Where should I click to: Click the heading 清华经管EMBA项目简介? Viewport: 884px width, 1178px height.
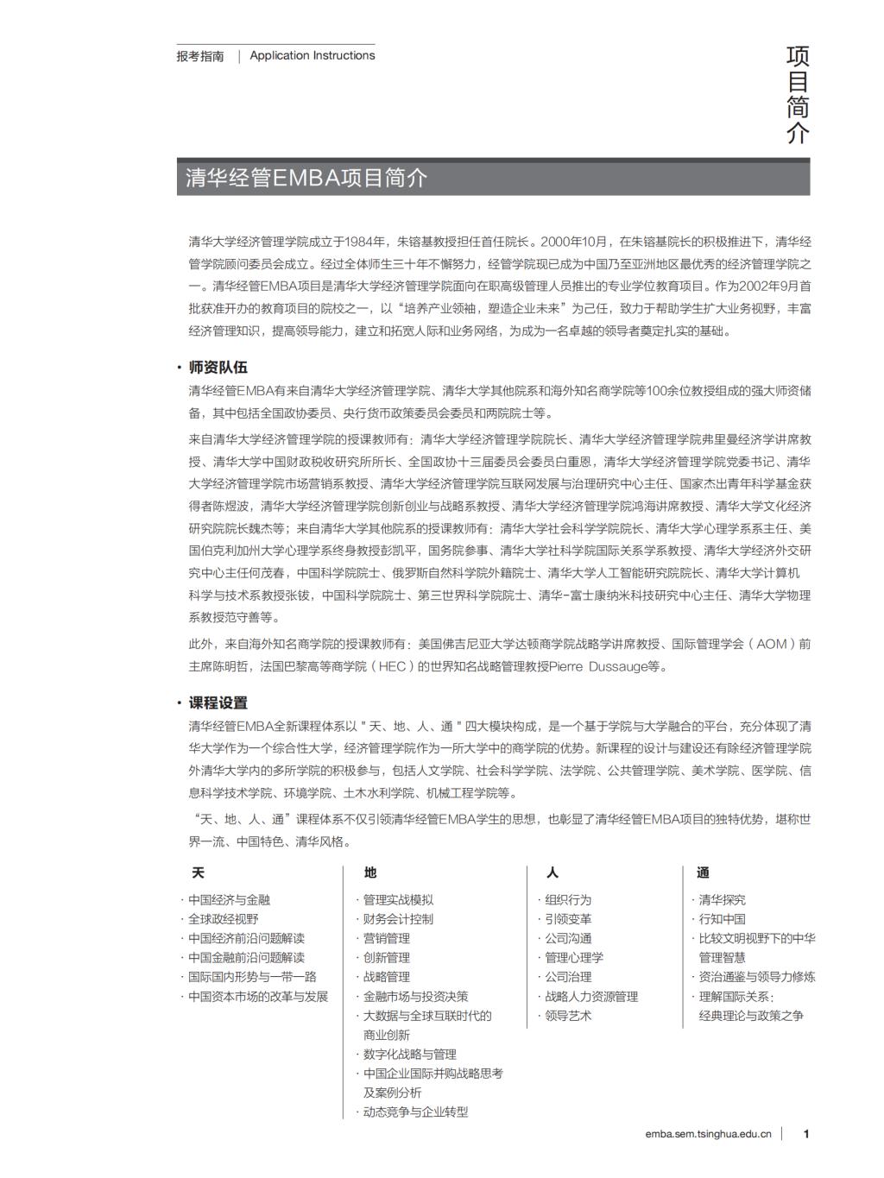[306, 179]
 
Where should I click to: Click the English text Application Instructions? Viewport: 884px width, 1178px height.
[313, 55]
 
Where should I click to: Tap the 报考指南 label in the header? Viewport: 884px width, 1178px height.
[200, 56]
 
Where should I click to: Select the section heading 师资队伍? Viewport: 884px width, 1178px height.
[218, 367]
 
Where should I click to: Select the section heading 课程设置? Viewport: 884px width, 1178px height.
[218, 702]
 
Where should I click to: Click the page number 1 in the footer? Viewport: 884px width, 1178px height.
[806, 1134]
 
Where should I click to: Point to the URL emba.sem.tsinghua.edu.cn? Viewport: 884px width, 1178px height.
[708, 1134]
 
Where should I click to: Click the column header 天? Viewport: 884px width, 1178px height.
[198, 872]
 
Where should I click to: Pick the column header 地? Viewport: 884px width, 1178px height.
[370, 872]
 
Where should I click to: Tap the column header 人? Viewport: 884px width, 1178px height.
[552, 872]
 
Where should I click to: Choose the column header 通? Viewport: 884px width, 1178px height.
[704, 872]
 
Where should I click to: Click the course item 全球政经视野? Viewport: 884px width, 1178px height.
[224, 919]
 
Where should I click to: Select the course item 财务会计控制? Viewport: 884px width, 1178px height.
[398, 919]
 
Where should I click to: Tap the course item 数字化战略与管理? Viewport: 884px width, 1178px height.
[409, 1054]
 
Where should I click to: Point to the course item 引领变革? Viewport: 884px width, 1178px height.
[568, 919]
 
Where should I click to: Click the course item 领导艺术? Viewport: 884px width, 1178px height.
[568, 1016]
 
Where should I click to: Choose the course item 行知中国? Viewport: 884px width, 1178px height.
[723, 919]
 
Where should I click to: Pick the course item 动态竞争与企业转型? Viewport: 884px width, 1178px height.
[415, 1112]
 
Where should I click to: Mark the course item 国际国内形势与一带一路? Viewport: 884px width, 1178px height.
[252, 977]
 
